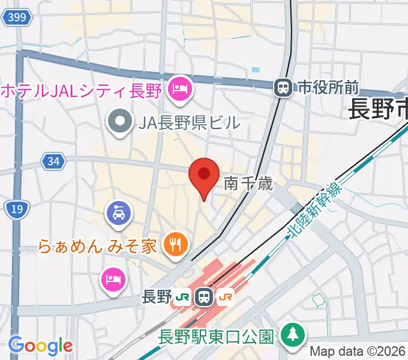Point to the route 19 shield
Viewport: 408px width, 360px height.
click(x=16, y=209)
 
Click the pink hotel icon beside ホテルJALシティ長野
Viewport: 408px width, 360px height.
click(x=179, y=91)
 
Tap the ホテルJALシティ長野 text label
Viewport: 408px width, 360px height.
click(x=82, y=91)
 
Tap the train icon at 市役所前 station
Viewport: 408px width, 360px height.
click(x=282, y=88)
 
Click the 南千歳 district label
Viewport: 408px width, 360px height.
click(x=248, y=184)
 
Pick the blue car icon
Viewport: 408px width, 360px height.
click(x=119, y=212)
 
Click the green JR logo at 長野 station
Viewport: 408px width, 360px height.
click(x=183, y=296)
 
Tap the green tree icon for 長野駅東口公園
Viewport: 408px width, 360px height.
click(x=292, y=334)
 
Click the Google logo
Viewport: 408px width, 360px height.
click(x=40, y=346)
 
